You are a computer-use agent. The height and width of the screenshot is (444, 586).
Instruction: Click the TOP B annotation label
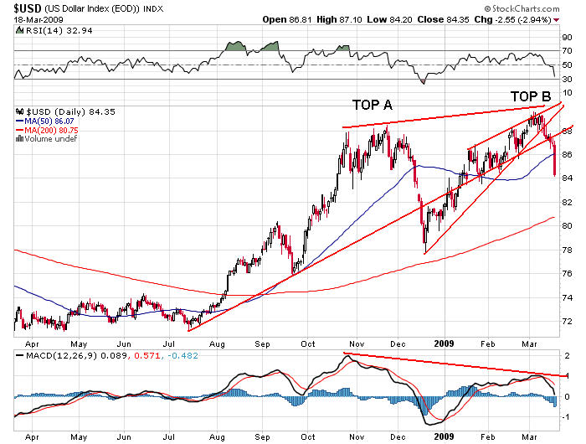(529, 96)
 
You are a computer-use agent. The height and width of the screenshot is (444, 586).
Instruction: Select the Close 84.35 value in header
(450, 18)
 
